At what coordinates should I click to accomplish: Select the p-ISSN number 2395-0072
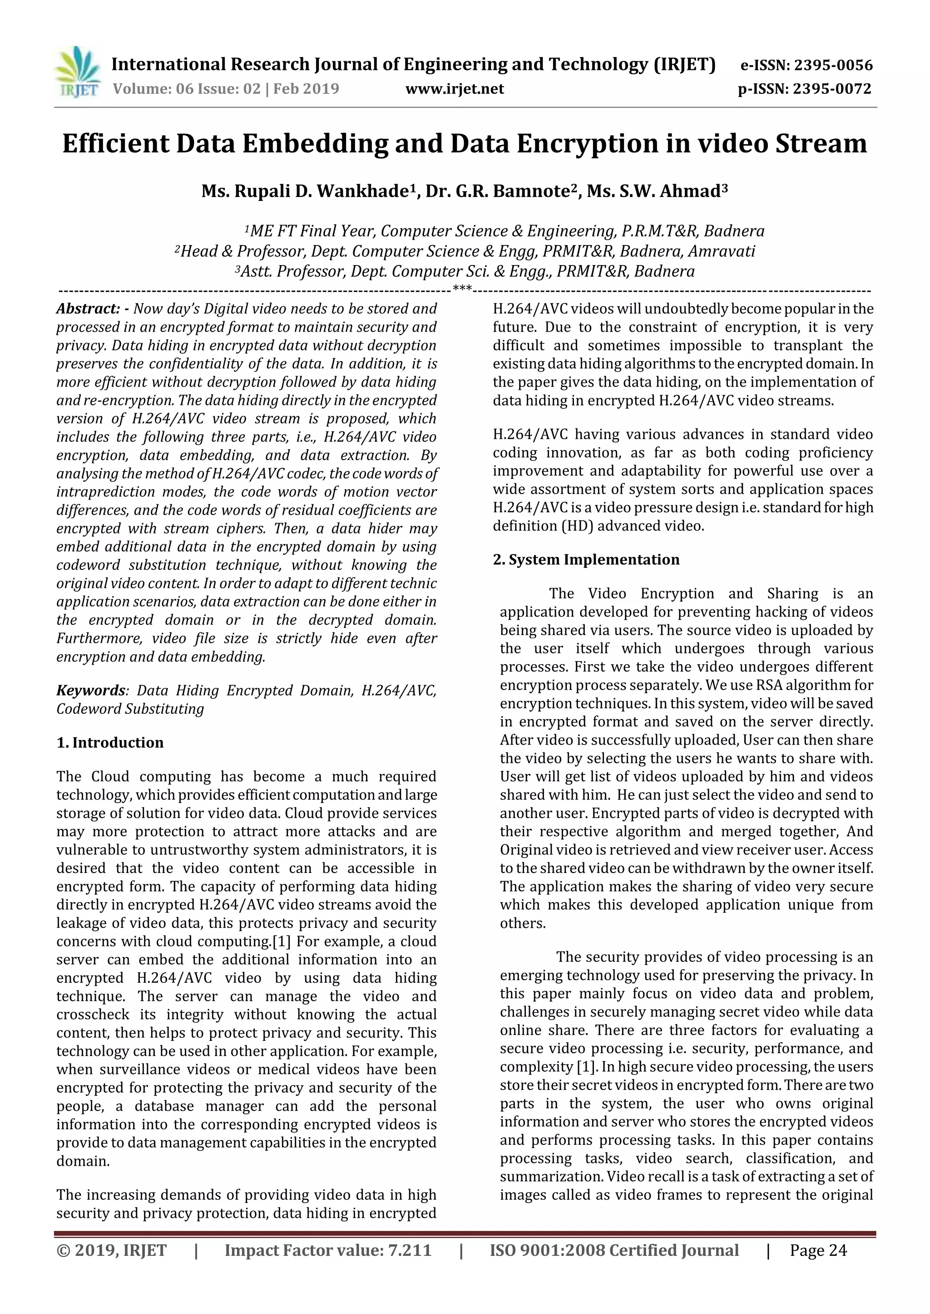(832, 89)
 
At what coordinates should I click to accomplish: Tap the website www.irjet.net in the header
(455, 89)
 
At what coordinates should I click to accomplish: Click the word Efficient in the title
(116, 144)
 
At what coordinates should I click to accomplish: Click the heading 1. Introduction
(110, 743)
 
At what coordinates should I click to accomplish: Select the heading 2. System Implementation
(586, 560)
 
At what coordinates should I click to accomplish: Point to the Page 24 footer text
(818, 1250)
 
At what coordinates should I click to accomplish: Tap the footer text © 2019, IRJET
(112, 1250)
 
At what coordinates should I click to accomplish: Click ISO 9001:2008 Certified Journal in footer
(614, 1250)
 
